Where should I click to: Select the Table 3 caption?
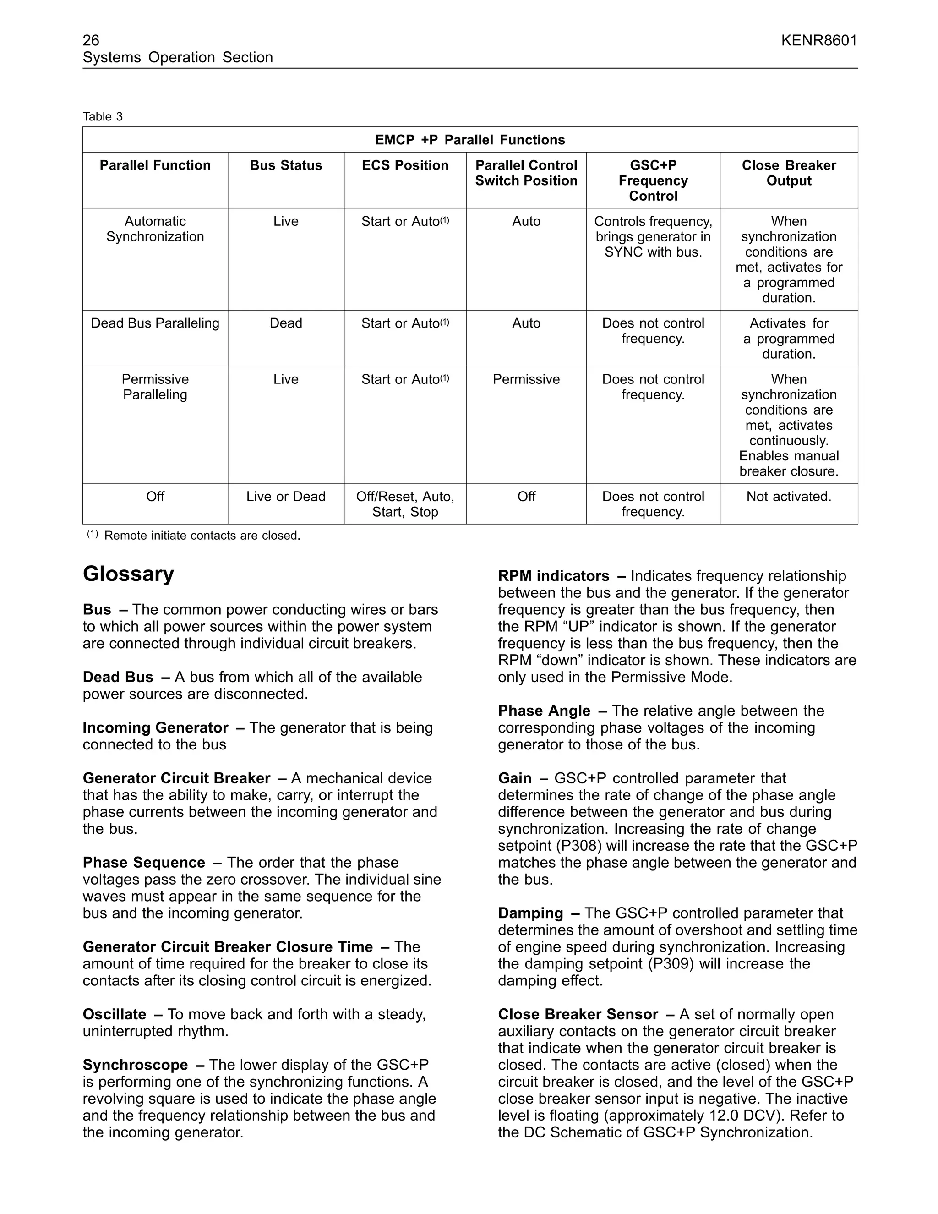[103, 117]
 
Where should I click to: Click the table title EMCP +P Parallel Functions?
[469, 140]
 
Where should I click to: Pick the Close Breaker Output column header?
[789, 173]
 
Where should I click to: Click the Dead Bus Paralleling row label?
[155, 323]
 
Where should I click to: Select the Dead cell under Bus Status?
[286, 323]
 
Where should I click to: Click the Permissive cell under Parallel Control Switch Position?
[526, 380]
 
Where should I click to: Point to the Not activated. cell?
[789, 497]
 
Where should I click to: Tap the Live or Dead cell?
[286, 497]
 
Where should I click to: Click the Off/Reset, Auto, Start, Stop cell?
[405, 504]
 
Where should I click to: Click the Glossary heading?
[128, 574]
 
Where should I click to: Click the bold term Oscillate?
[115, 1014]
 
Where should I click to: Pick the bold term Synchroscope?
[136, 1065]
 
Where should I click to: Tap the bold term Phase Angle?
[544, 711]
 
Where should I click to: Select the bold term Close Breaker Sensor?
[578, 1014]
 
